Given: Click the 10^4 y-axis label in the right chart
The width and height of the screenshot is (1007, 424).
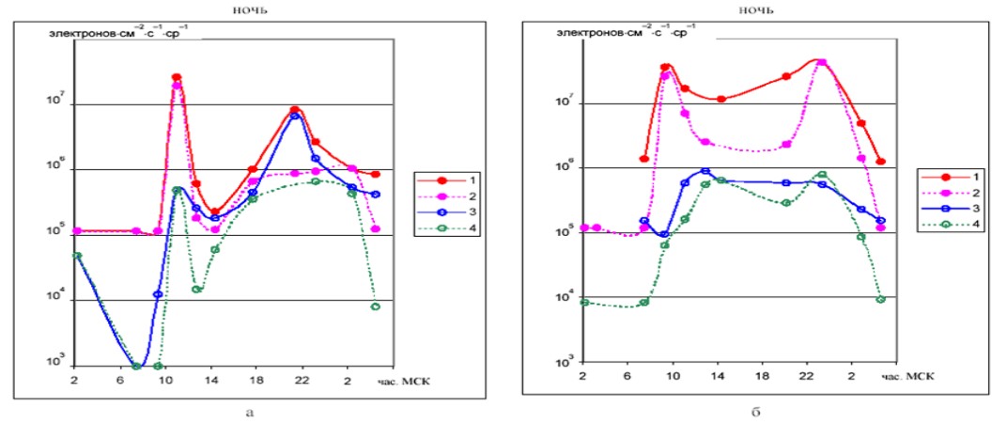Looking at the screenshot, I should click(565, 298).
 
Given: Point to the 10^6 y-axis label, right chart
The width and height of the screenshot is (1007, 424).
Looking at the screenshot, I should click(565, 166).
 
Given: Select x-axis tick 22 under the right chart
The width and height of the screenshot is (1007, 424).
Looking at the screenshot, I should click(806, 376).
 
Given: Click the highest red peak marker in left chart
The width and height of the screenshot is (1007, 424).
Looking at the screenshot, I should click(177, 77).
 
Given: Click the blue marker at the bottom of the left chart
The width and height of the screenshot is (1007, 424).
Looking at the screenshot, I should click(137, 366).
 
